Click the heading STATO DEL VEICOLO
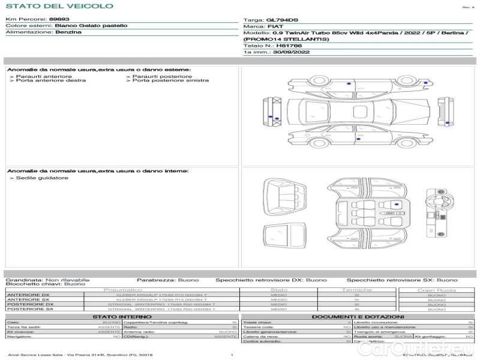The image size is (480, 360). click(59, 6)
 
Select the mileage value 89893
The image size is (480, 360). click(59, 19)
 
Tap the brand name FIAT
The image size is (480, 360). click(274, 26)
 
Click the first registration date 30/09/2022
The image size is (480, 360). click(289, 52)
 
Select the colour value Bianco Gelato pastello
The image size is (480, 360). click(91, 26)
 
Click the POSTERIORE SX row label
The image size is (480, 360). click(28, 309)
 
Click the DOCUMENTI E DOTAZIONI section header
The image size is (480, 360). click(358, 316)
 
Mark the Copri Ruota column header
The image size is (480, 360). click(436, 290)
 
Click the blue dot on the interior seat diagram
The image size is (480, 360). click(397, 205)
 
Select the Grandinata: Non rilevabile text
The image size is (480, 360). click(47, 280)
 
